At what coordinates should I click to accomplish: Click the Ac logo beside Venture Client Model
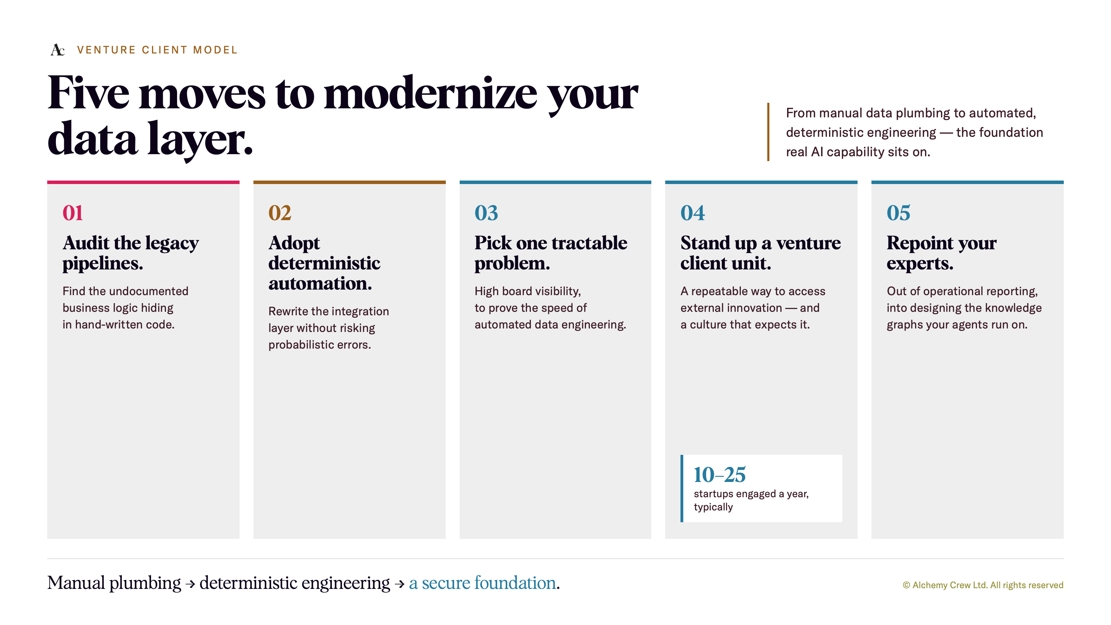tap(58, 50)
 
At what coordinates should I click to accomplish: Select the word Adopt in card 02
tap(294, 244)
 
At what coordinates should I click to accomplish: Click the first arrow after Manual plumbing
tap(190, 584)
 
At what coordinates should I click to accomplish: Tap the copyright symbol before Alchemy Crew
tap(906, 585)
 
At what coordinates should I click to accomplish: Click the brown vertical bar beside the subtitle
tap(768, 132)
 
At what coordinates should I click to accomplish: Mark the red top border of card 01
tap(143, 182)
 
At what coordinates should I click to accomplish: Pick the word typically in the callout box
tap(713, 507)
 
